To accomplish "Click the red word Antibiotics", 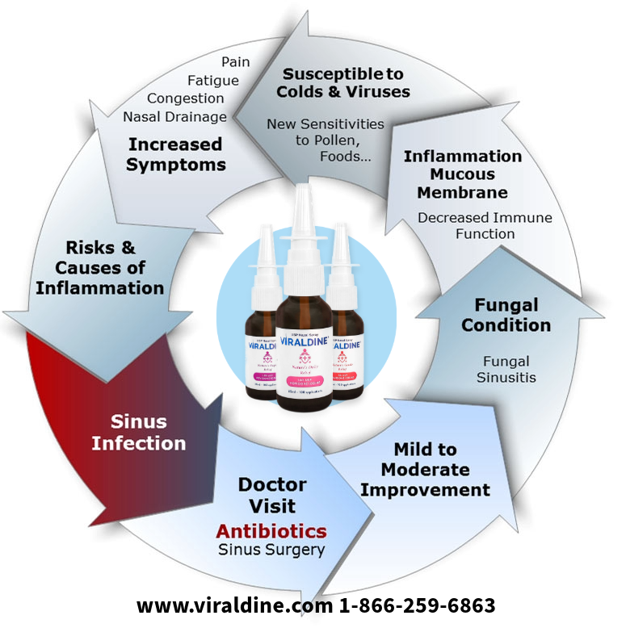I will click(x=271, y=531).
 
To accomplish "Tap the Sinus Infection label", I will click(x=138, y=433).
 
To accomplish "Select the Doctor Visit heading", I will click(x=272, y=496).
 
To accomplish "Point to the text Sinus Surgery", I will click(x=271, y=551).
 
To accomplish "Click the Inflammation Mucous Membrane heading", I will click(x=462, y=174).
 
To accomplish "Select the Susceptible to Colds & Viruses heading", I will click(x=342, y=82).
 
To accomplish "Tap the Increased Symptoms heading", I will click(x=175, y=154).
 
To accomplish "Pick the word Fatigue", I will click(x=213, y=80).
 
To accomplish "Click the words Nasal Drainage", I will click(x=174, y=117).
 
